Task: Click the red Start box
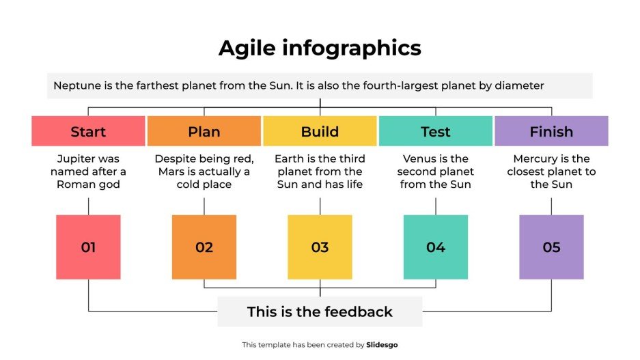88,131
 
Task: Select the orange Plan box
204,131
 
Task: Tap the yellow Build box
320,131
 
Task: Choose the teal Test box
435,131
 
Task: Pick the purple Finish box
551,131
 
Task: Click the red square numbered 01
88,247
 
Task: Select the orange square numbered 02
204,247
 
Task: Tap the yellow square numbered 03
320,247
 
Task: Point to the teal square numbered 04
436,247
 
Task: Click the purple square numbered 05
551,247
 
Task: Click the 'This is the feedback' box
320,312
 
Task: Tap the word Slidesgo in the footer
382,345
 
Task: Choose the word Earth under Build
290,159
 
